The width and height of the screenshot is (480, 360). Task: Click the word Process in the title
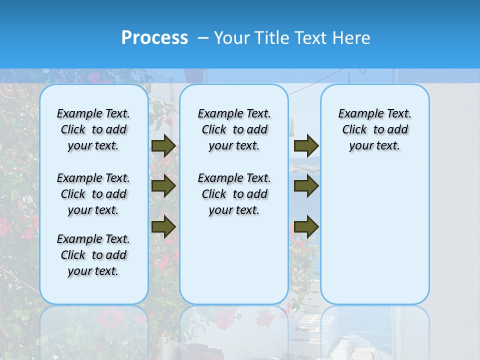click(154, 38)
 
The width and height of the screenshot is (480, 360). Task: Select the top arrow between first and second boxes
click(163, 145)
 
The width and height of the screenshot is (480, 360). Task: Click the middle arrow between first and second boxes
click(163, 186)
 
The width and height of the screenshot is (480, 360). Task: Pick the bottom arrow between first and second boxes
click(163, 226)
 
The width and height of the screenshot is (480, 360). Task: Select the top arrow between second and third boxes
click(306, 145)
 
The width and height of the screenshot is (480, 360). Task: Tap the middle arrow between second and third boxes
click(306, 186)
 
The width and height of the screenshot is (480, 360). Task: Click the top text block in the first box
click(93, 129)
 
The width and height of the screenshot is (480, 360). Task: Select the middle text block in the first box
click(93, 194)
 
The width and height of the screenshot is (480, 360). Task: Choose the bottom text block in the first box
click(93, 255)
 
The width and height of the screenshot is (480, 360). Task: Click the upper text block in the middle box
click(234, 129)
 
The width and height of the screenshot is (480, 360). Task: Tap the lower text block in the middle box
click(234, 194)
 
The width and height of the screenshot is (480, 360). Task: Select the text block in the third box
click(375, 129)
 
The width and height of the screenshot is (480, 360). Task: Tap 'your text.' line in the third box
click(375, 146)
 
